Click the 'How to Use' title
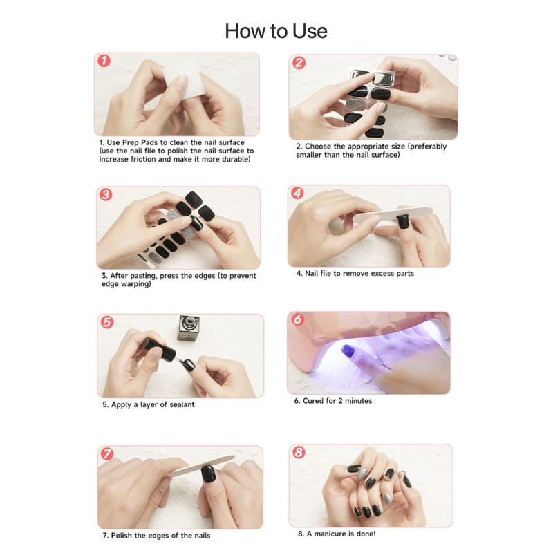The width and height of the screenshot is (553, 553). (276, 31)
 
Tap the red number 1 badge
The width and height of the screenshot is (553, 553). (104, 61)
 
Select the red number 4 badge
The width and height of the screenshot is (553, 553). (297, 193)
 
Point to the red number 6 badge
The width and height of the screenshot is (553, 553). (298, 319)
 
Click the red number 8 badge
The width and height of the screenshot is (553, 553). (299, 452)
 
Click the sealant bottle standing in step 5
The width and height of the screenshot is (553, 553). (189, 328)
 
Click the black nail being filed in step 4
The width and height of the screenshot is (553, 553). (403, 221)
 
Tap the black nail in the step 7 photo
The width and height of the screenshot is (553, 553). (208, 474)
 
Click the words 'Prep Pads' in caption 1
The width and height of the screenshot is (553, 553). (140, 142)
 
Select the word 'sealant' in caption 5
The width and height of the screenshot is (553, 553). (180, 404)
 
